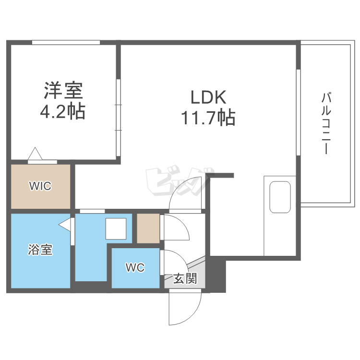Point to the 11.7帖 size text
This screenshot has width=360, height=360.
208,117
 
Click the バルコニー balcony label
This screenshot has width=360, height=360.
326,123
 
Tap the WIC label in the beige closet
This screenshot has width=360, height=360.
40,186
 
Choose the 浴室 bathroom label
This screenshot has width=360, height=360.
40,250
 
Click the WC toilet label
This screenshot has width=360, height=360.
135,268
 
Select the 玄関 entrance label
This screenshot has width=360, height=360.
185,279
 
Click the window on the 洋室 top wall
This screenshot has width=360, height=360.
66,42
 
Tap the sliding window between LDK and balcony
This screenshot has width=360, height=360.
298,113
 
